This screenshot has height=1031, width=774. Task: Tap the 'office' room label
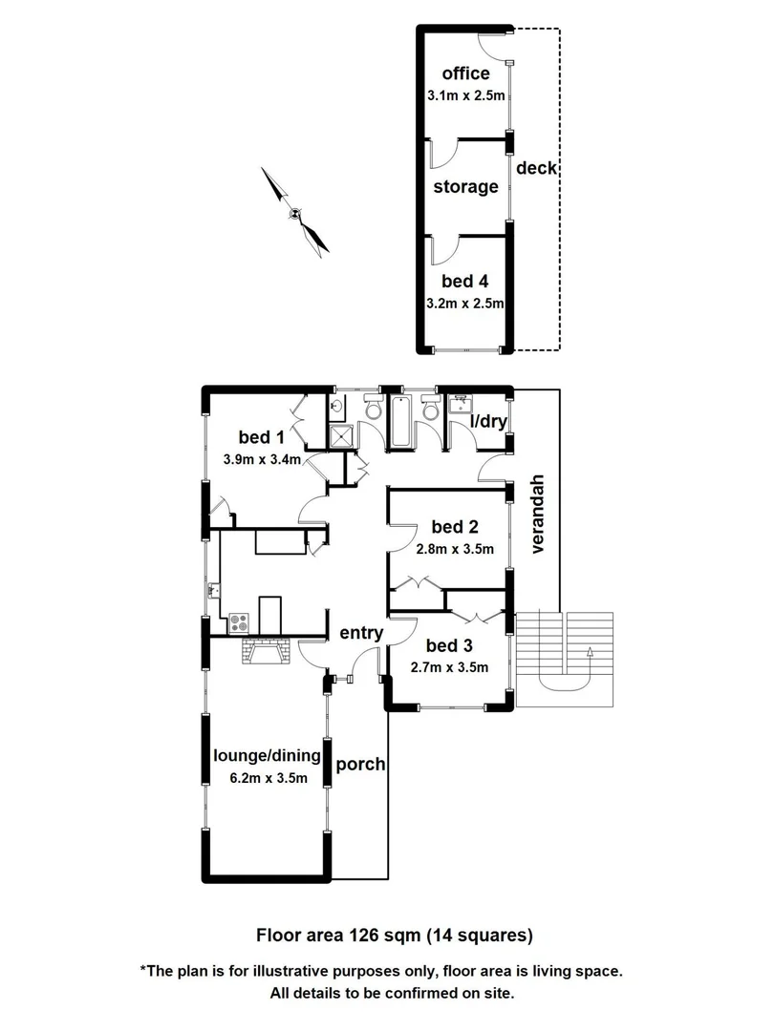tap(465, 74)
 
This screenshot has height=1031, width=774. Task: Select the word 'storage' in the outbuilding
tap(465, 186)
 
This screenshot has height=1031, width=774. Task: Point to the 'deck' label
tap(536, 168)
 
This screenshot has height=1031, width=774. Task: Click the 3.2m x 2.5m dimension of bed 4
tap(465, 304)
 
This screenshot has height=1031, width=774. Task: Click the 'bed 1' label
tap(262, 437)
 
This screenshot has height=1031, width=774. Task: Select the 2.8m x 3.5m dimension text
tap(455, 549)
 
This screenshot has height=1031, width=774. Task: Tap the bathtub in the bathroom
tap(400, 424)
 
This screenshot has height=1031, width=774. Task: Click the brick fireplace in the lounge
tap(265, 653)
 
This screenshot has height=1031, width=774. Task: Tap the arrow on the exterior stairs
tap(590, 654)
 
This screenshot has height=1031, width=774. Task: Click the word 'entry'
tap(361, 633)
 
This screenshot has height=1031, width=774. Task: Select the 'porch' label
tap(362, 764)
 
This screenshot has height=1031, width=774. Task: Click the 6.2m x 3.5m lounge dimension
tap(269, 778)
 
